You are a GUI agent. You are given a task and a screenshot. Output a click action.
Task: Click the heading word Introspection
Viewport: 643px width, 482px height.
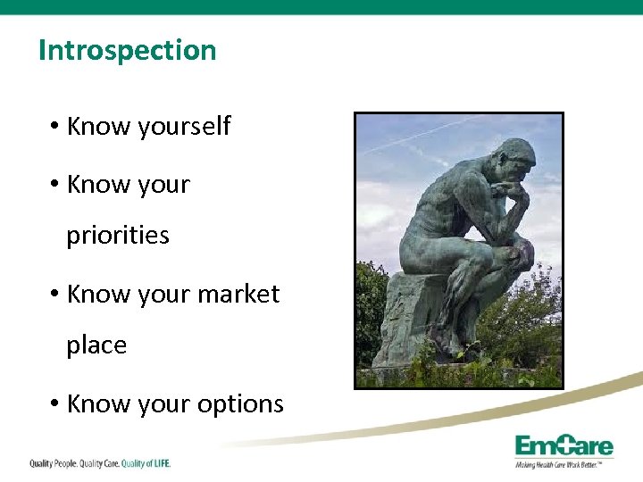pos(127,50)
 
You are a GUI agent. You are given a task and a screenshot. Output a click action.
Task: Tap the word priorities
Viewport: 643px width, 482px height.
pos(118,236)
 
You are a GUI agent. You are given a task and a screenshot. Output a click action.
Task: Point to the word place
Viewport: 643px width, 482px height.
pos(96,345)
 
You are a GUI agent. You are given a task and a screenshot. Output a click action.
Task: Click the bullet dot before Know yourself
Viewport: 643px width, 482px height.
pos(55,127)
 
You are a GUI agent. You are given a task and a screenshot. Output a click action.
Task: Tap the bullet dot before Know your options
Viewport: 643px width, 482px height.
pos(55,403)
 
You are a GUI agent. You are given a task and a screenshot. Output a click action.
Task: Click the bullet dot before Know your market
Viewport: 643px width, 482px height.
pos(55,294)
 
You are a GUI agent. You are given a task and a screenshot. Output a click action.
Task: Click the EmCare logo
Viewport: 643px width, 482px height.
pos(564,446)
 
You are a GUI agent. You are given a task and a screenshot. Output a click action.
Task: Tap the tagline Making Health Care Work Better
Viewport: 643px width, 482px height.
pos(559,465)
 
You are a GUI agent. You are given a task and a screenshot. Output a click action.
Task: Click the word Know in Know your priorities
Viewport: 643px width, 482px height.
pos(96,185)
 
